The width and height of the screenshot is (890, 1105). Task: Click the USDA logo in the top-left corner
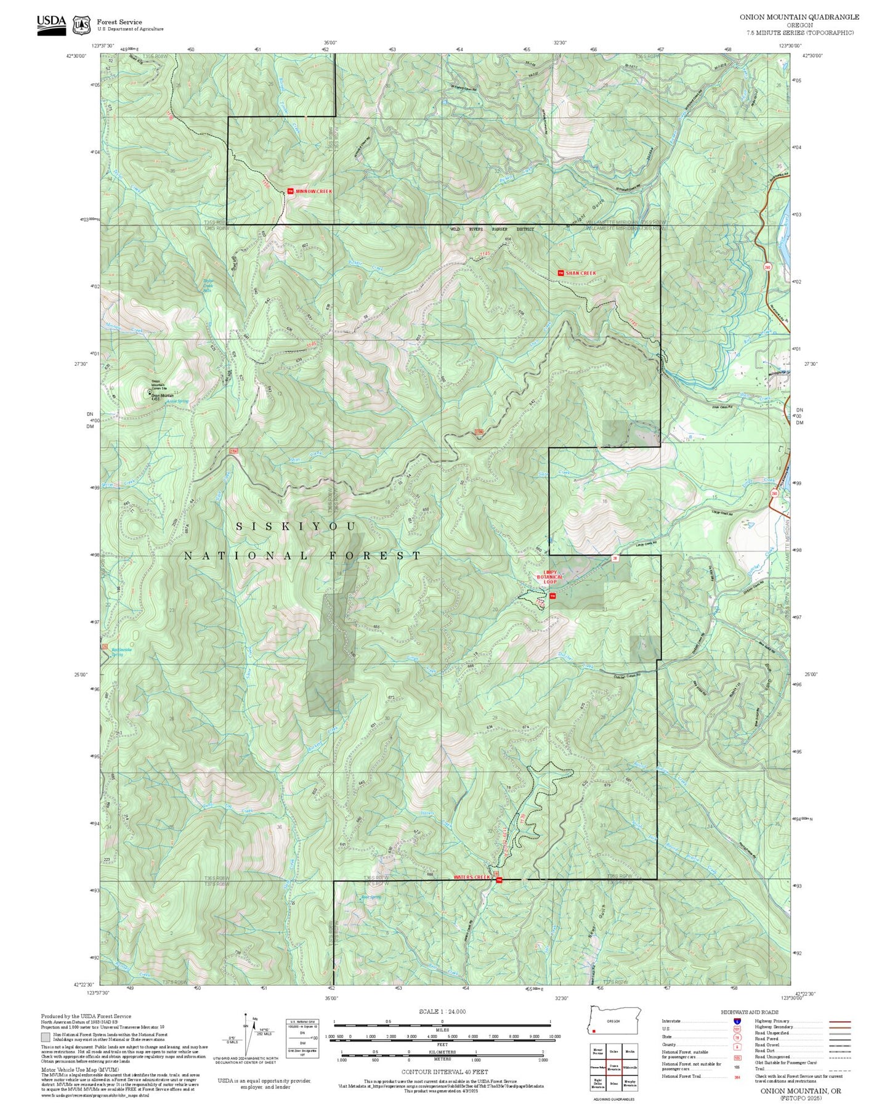coord(51,25)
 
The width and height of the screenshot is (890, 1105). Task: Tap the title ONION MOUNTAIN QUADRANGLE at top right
coord(799,17)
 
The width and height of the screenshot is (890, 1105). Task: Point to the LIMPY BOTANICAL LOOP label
coord(549,577)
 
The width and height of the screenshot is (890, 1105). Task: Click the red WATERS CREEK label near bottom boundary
coord(472,877)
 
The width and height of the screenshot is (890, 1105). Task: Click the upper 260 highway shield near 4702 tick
coord(767,267)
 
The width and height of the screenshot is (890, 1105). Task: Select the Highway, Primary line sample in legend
coord(839,1021)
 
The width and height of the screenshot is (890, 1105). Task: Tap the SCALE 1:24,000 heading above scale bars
coord(442,1011)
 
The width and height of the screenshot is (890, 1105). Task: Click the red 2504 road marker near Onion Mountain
coord(233,452)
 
